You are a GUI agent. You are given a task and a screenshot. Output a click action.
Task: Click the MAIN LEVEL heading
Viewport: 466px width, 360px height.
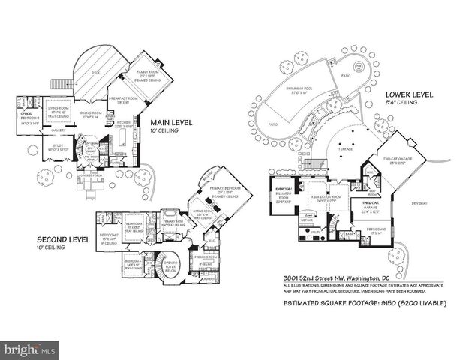pyautogui.click(x=171, y=122)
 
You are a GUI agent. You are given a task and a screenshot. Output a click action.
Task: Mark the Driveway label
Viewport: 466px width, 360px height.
pyautogui.click(x=416, y=203)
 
